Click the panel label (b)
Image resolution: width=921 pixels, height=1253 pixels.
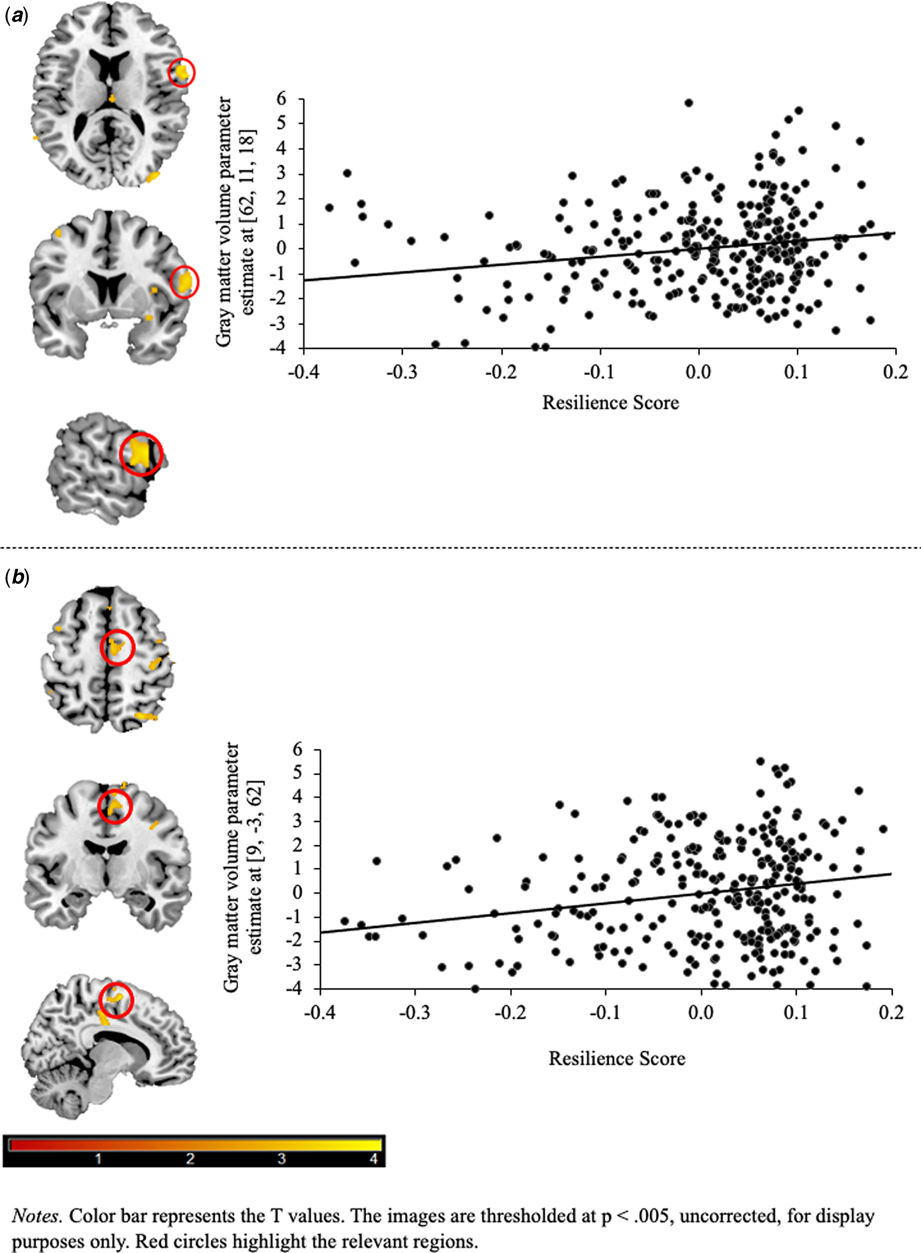click(17, 578)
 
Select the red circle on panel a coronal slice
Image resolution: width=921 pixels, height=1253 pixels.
click(183, 282)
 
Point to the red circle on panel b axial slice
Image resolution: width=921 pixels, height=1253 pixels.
click(117, 647)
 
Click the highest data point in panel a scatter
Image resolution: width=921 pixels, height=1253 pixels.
click(688, 103)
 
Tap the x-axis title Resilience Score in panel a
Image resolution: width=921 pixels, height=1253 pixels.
click(610, 402)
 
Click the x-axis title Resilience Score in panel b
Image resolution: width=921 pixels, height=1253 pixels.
click(616, 1059)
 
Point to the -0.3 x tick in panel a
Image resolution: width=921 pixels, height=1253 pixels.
click(402, 372)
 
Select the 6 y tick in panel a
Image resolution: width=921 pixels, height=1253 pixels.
click(281, 99)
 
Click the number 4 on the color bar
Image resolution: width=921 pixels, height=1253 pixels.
click(374, 1159)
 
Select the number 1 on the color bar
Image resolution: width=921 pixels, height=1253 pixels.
click(99, 1159)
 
